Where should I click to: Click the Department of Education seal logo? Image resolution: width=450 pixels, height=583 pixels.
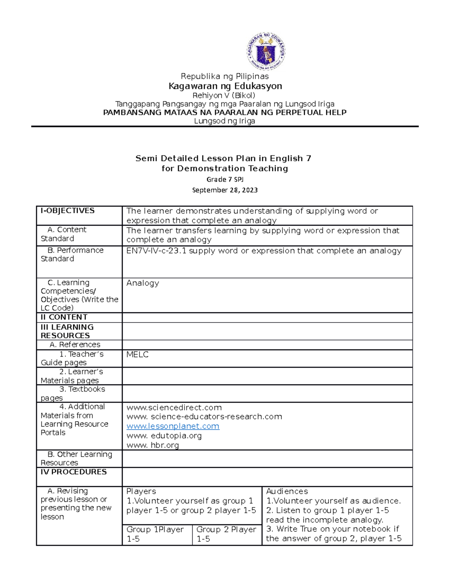click(x=265, y=51)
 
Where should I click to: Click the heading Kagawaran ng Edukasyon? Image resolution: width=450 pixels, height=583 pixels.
click(x=225, y=86)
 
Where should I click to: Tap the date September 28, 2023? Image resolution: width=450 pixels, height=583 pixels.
click(x=225, y=190)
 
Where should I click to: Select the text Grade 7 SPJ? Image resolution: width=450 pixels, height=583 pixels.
click(x=225, y=179)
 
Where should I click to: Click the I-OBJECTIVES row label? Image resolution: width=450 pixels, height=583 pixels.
click(x=67, y=211)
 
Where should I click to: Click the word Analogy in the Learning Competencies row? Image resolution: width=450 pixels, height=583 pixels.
click(x=142, y=283)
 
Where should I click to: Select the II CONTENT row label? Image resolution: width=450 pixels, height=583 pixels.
click(x=64, y=317)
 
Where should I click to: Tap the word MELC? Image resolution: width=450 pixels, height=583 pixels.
click(x=137, y=354)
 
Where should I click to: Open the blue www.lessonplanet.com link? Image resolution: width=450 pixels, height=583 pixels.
click(x=173, y=426)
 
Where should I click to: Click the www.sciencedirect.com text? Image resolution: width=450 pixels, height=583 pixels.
click(x=174, y=407)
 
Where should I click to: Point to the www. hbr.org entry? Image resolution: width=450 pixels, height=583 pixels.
click(x=153, y=445)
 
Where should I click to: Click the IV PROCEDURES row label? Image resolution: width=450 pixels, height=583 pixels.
click(x=73, y=472)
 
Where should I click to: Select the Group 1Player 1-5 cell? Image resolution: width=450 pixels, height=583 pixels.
click(x=155, y=534)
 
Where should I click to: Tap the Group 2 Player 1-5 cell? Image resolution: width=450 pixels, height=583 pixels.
click(x=226, y=534)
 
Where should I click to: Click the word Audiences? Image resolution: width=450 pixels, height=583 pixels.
click(x=287, y=491)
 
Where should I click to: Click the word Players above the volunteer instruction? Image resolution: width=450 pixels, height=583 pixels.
click(x=141, y=491)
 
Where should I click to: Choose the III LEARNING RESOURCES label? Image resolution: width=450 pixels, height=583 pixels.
click(x=67, y=331)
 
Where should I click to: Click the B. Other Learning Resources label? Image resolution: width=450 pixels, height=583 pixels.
click(x=76, y=458)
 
